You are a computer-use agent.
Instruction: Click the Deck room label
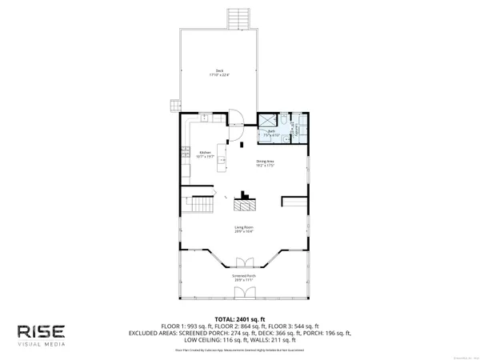point(214,73)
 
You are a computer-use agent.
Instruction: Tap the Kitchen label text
point(205,154)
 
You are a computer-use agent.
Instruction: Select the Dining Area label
point(266,164)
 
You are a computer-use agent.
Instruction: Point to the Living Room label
point(244,230)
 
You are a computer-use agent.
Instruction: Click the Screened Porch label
point(245,278)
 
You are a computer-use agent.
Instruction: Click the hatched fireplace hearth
point(245,206)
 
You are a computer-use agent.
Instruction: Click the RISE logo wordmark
point(45,330)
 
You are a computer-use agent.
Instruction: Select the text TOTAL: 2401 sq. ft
point(245,318)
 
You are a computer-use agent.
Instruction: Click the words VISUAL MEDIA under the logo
point(45,345)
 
